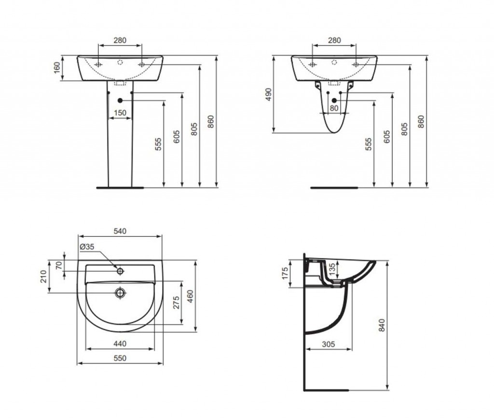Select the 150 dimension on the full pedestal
(120, 113)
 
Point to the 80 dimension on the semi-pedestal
(334, 109)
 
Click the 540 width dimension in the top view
(120, 231)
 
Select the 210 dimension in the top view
(43, 276)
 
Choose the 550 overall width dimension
(120, 358)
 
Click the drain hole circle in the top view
(120, 293)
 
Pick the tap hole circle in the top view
(120, 271)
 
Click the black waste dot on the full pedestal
(120, 100)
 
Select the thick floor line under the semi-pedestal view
(334, 186)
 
